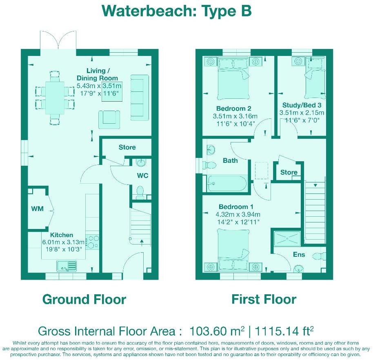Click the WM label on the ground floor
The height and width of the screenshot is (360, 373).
37,209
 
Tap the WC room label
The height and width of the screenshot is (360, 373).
142,176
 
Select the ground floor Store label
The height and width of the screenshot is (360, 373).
127,147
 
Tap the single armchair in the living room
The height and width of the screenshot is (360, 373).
109,119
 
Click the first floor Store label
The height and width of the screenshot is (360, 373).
289,172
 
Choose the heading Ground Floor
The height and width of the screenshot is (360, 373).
84,299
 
